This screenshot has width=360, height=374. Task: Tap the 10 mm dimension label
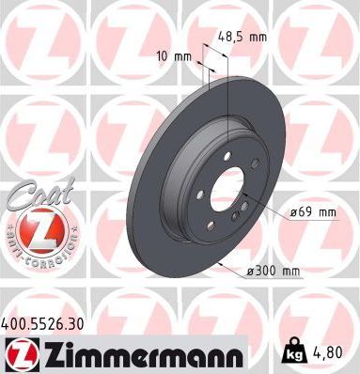tap(177, 56)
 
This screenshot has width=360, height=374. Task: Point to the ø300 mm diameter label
tap(272, 272)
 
